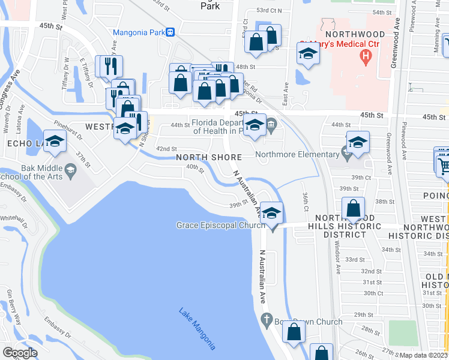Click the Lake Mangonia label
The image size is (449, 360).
pyautogui.click(x=197, y=329)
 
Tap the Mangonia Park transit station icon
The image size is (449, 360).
pyautogui.click(x=170, y=32)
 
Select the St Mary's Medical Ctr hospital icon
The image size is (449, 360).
pyautogui.click(x=364, y=57)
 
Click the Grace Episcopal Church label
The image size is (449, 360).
pyautogui.click(x=220, y=226)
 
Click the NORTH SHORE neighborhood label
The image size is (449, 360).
pyautogui.click(x=209, y=157)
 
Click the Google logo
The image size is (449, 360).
pyautogui.click(x=20, y=352)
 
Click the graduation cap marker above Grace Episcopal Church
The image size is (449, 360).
pyautogui.click(x=271, y=212)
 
